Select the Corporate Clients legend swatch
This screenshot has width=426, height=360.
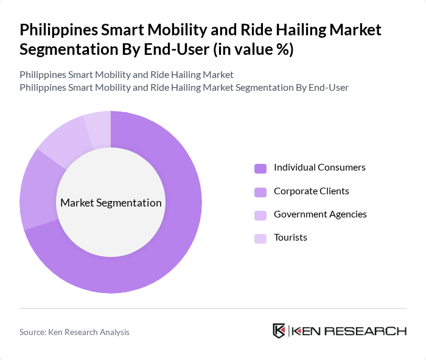coord(260,192)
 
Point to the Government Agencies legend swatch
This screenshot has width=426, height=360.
coord(260,215)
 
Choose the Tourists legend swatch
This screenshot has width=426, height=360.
coord(260,238)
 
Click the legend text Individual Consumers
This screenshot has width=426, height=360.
coord(319,168)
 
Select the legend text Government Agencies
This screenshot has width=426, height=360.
coord(320,214)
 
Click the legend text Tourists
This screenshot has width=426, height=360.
coord(290,237)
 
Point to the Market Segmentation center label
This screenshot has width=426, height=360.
coord(111,203)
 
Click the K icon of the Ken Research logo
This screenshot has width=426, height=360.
coord(279,331)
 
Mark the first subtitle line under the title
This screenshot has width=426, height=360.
coord(127,75)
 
